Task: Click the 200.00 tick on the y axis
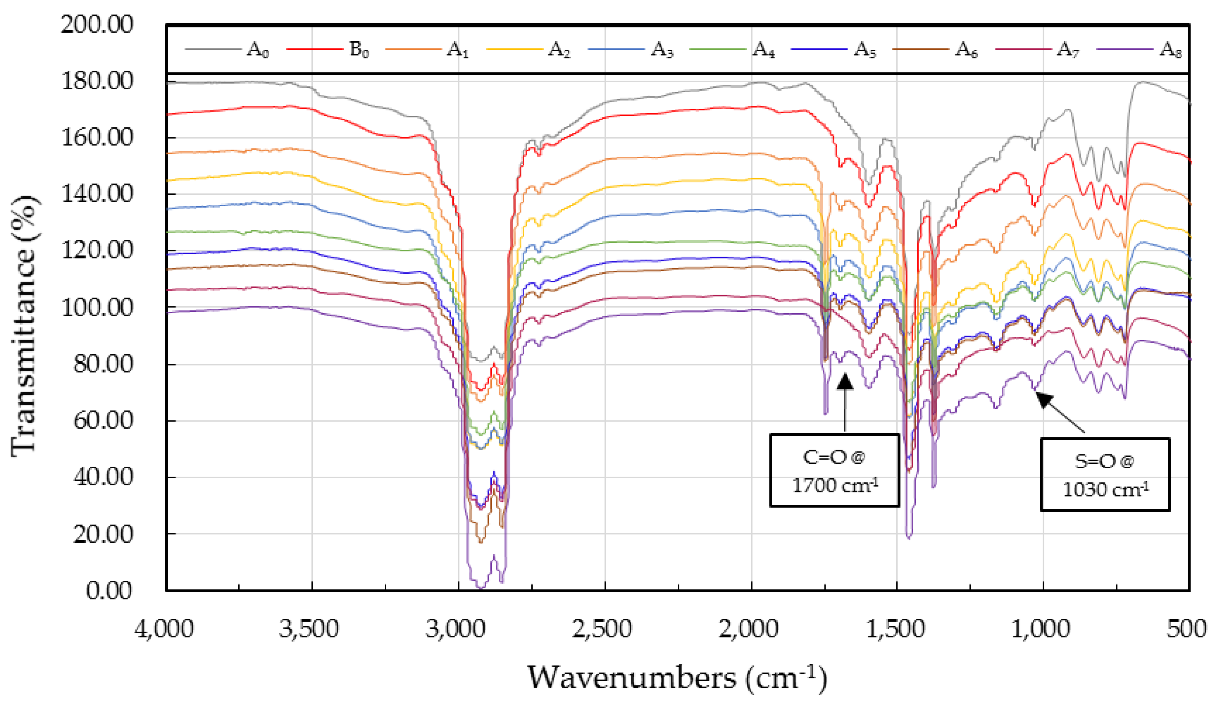click(97, 24)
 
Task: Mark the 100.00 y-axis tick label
click(97, 307)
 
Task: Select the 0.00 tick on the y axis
click(109, 590)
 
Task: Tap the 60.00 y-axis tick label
click(102, 421)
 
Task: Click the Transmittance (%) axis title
click(23, 326)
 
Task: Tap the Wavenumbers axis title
click(677, 678)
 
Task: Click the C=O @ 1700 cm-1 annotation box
click(834, 470)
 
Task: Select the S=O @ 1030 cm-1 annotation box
click(1105, 475)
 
